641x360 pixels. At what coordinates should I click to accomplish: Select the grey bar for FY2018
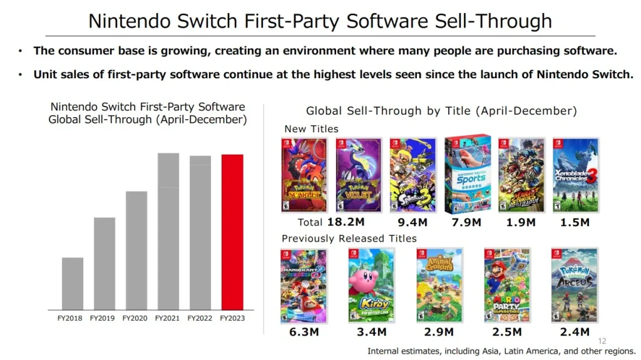coord(73,283)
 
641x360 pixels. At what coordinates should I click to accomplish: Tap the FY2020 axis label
coord(135,319)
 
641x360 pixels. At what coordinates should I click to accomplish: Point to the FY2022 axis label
coord(200,319)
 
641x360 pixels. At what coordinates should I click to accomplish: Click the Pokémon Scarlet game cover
coord(304,175)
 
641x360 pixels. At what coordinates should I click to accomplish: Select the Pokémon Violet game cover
coord(358,175)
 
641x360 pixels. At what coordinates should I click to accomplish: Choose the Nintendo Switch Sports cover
coord(468,173)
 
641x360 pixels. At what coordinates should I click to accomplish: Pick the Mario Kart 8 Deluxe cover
coord(304,285)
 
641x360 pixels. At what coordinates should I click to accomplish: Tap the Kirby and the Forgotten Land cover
coord(372,285)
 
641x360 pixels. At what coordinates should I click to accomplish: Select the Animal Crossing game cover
coord(439,285)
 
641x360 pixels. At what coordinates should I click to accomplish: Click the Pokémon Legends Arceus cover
coord(575,285)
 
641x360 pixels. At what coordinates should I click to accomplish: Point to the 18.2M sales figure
coord(346,222)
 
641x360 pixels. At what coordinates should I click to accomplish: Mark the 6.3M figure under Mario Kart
coord(304,332)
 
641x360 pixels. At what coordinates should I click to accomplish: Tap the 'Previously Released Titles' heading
coord(349,239)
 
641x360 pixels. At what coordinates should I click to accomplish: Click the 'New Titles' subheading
coord(311,129)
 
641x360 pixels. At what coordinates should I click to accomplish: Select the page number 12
coord(602,341)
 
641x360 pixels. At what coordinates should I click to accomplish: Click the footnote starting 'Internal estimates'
coord(501,351)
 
